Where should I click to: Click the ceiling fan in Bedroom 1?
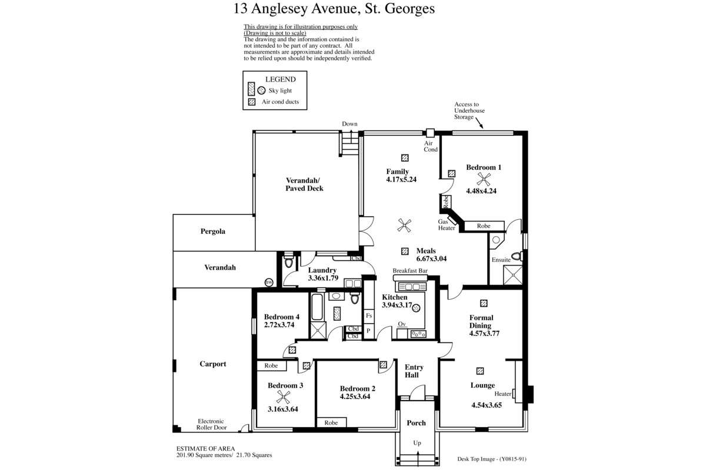click(x=483, y=179)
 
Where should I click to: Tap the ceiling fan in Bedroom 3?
click(x=283, y=397)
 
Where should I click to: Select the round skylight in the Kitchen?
click(x=416, y=308)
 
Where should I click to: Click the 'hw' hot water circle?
click(x=268, y=283)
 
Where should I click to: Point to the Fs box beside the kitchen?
click(x=369, y=315)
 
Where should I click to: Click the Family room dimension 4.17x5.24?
click(x=401, y=179)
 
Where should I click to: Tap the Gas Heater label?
click(x=447, y=225)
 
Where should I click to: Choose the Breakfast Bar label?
click(x=410, y=271)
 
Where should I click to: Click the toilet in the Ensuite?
click(x=517, y=256)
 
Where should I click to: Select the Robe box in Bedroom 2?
click(x=331, y=422)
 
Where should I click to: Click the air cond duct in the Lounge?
click(x=480, y=371)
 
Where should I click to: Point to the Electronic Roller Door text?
click(x=211, y=424)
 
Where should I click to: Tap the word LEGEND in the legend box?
click(x=281, y=79)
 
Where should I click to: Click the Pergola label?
click(x=213, y=231)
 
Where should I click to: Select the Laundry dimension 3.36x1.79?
click(x=323, y=278)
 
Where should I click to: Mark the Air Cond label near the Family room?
click(x=431, y=146)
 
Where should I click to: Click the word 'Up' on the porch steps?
click(x=417, y=443)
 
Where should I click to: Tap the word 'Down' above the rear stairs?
click(x=349, y=124)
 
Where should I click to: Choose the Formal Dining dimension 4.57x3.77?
click(x=484, y=333)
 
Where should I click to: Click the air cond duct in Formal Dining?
click(x=484, y=303)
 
